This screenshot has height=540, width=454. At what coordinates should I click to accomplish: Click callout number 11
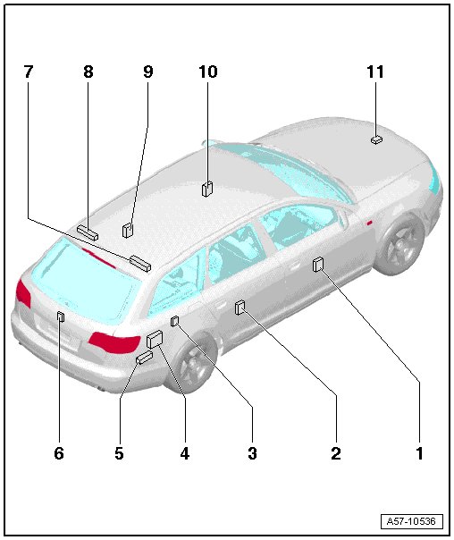point(375,72)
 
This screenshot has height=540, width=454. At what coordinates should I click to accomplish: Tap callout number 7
point(29,72)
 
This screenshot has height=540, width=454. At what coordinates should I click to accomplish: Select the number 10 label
point(208,72)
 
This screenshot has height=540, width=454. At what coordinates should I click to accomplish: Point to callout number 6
point(59,453)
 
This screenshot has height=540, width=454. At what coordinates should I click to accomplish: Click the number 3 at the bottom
point(252,453)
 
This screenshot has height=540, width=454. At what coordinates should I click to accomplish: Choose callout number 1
point(419,453)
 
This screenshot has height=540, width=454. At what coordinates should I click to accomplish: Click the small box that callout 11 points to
point(376,140)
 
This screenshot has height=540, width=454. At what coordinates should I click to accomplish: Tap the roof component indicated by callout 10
point(206,189)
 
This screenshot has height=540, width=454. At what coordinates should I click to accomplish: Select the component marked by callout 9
point(128,231)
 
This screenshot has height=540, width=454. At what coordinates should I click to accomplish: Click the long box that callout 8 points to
point(88,232)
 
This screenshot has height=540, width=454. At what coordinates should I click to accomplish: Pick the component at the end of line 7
point(140,264)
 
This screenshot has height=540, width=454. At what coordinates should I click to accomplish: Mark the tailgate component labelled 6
point(60,316)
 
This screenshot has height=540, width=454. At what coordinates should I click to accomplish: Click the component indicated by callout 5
point(145,358)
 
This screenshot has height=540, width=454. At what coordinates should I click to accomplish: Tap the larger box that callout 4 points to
point(155,339)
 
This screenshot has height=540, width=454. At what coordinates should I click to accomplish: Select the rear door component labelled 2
point(240,308)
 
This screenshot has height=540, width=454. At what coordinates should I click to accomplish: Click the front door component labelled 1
point(317,264)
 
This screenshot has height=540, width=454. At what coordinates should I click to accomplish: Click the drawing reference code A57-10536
point(411,521)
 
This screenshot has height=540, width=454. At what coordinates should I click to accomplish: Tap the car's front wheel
point(403,244)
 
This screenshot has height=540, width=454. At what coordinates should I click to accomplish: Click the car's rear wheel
point(194,364)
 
